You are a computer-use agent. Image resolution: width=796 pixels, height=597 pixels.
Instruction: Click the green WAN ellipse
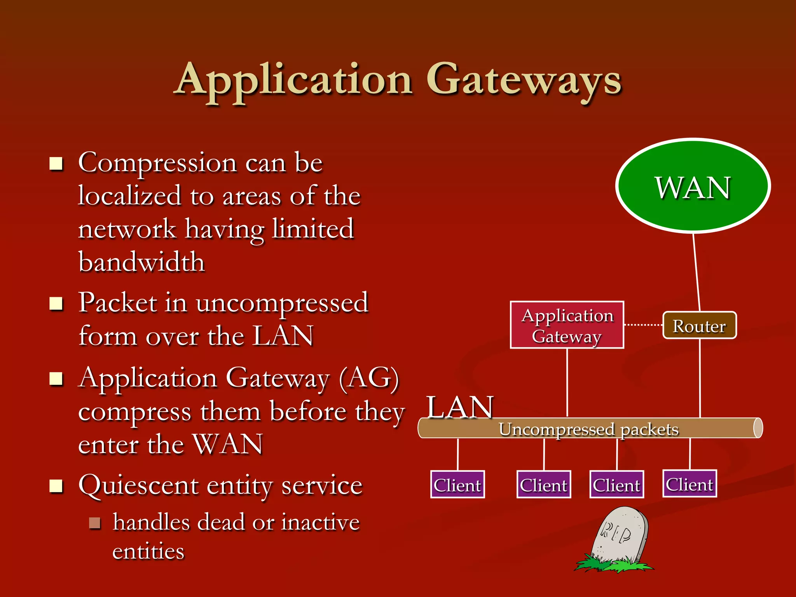pyautogui.click(x=693, y=186)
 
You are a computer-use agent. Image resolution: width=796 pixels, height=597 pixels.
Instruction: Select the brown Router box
pyautogui.click(x=699, y=326)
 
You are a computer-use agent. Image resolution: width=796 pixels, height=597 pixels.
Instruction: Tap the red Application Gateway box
pyautogui.click(x=567, y=325)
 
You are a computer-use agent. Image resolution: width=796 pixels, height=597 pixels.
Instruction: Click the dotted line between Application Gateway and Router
pyautogui.click(x=643, y=325)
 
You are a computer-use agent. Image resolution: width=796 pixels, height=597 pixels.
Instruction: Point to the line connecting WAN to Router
pyautogui.click(x=696, y=272)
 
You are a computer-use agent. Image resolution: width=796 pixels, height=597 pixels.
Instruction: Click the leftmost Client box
pyautogui.click(x=457, y=485)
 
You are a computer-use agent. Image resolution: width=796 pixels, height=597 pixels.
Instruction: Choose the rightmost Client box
pyautogui.click(x=690, y=484)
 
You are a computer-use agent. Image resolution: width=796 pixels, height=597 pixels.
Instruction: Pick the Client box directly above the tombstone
pyautogui.click(x=616, y=485)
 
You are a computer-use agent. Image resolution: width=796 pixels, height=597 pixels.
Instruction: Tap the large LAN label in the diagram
pyautogui.click(x=460, y=407)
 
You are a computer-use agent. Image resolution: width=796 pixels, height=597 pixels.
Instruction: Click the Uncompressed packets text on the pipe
pyautogui.click(x=588, y=429)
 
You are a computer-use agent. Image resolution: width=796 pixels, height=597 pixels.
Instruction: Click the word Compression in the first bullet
pyautogui.click(x=157, y=162)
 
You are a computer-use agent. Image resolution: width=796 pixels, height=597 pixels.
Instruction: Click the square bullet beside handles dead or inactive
pyautogui.click(x=94, y=523)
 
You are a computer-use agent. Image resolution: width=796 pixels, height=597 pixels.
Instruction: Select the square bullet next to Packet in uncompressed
pyautogui.click(x=56, y=304)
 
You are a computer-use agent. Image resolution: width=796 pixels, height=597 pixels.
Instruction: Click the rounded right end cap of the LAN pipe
pyautogui.click(x=758, y=428)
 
